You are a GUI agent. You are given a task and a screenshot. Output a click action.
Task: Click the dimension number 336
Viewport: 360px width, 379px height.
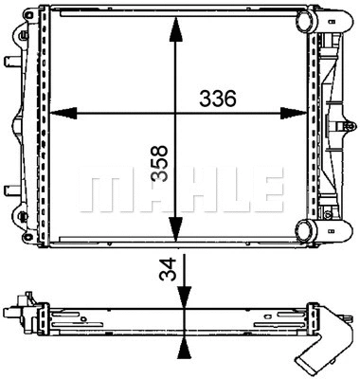point(218,99)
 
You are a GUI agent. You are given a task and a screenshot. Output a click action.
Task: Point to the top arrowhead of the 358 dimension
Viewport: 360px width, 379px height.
point(174,27)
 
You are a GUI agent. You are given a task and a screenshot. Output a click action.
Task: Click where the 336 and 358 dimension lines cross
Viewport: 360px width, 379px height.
point(174,115)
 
